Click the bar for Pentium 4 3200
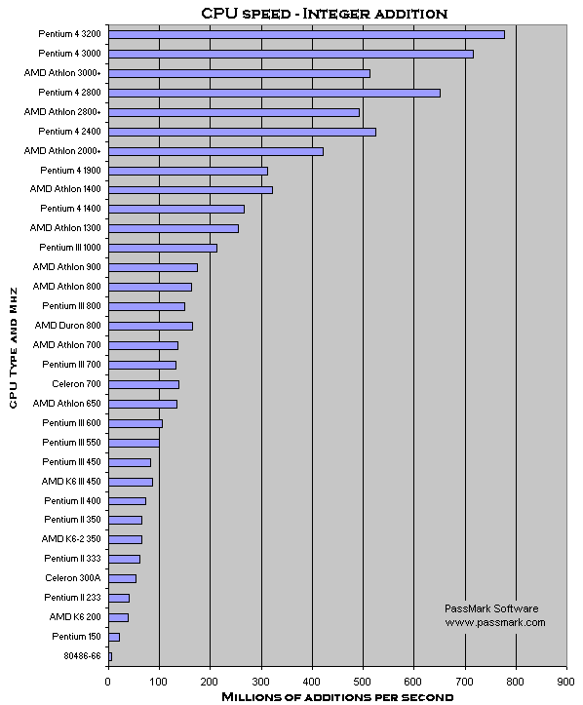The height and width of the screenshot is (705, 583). [306, 35]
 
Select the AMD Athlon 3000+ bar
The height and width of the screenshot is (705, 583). [240, 74]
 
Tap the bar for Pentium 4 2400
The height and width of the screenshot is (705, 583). [243, 133]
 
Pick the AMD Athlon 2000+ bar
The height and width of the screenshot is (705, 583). [215, 152]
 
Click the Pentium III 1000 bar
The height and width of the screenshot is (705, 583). [163, 249]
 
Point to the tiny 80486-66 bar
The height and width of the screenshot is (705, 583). [110, 657]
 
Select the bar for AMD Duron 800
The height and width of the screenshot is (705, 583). [150, 326]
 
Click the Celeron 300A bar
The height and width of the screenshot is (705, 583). [122, 578]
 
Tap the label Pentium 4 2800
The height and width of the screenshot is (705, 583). [69, 93]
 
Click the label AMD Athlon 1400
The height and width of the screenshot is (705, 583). [65, 189]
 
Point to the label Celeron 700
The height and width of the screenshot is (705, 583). [76, 384]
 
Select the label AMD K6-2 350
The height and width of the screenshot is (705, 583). [71, 539]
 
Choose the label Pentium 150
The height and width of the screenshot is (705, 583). [76, 637]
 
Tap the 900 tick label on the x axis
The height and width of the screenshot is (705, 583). [566, 682]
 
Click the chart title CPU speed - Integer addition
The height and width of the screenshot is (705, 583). [324, 14]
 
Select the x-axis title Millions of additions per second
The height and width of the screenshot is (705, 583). [337, 697]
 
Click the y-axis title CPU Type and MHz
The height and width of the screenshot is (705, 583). [13, 348]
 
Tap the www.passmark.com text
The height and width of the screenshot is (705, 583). [495, 623]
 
